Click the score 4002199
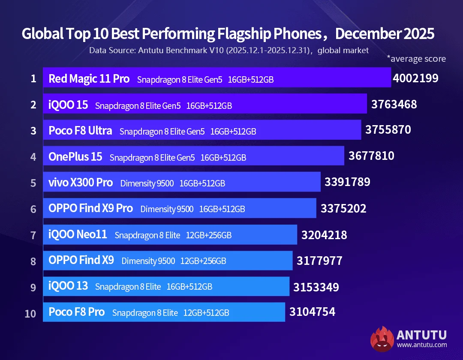pyautogui.click(x=415, y=78)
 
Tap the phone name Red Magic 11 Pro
pyautogui.click(x=89, y=79)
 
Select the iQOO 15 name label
pyautogui.click(x=68, y=105)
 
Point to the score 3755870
pyautogui.click(x=388, y=130)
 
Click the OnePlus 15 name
pyautogui.click(x=75, y=157)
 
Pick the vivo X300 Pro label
pyautogui.click(x=81, y=183)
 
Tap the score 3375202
pyautogui.click(x=343, y=209)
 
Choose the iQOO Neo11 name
pyautogui.click(x=78, y=235)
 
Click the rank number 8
pyautogui.click(x=33, y=261)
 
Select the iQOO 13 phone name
pyautogui.click(x=68, y=286)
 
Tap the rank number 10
pyautogui.click(x=30, y=313)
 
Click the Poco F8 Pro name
pyautogui.click(x=76, y=312)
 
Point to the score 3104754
pyautogui.click(x=312, y=312)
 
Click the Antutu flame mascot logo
pyautogui.click(x=382, y=339)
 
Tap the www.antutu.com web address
pyautogui.click(x=422, y=345)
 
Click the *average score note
pyautogui.click(x=416, y=59)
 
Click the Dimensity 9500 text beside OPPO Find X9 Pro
pyautogui.click(x=167, y=209)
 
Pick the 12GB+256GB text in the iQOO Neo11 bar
pyautogui.click(x=209, y=235)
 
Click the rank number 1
pyautogui.click(x=33, y=79)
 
